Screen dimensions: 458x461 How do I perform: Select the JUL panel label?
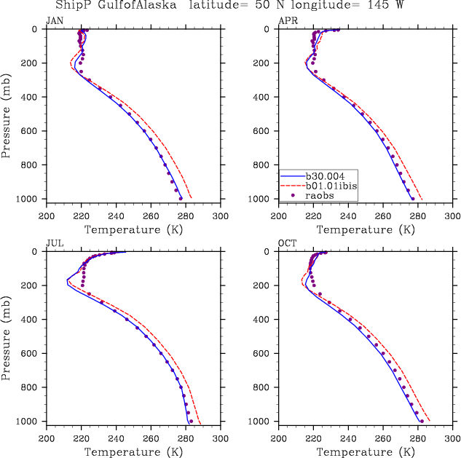54,243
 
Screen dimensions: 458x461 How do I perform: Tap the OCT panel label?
287,243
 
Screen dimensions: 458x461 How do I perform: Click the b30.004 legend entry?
323,175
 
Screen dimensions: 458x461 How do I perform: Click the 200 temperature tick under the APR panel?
279,216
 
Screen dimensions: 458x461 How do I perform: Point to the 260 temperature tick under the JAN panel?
151,216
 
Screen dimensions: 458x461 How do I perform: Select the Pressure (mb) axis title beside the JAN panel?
7,114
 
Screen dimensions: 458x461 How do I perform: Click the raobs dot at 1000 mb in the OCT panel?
422,421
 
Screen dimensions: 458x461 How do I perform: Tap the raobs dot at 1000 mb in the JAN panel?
181,198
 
